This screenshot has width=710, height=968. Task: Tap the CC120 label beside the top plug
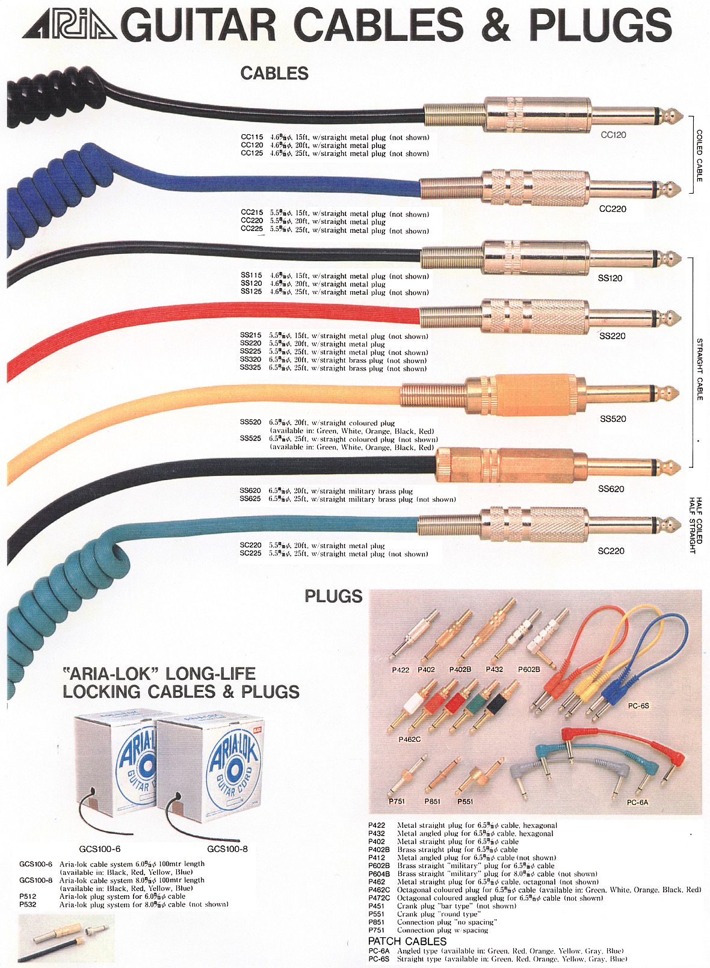(x=613, y=135)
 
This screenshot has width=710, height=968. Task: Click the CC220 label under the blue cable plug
(x=613, y=209)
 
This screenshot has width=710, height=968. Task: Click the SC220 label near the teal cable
(x=611, y=550)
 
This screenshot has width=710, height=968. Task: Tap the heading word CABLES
(x=274, y=73)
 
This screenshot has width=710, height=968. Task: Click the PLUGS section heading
(x=333, y=596)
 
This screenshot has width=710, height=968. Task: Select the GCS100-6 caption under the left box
(x=100, y=849)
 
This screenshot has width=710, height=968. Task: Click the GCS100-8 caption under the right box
(x=227, y=849)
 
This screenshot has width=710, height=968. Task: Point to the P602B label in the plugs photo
(x=529, y=669)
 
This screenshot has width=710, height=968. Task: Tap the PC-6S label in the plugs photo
(x=638, y=705)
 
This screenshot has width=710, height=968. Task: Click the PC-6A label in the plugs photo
(x=637, y=802)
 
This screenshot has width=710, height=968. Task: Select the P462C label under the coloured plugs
(x=410, y=739)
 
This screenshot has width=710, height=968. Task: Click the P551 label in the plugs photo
(x=465, y=801)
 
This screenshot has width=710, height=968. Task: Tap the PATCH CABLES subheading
(x=407, y=941)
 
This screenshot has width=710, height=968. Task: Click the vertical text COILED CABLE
(x=699, y=156)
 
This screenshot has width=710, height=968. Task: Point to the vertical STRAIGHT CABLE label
(x=699, y=369)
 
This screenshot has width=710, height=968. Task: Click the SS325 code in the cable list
(x=250, y=368)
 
